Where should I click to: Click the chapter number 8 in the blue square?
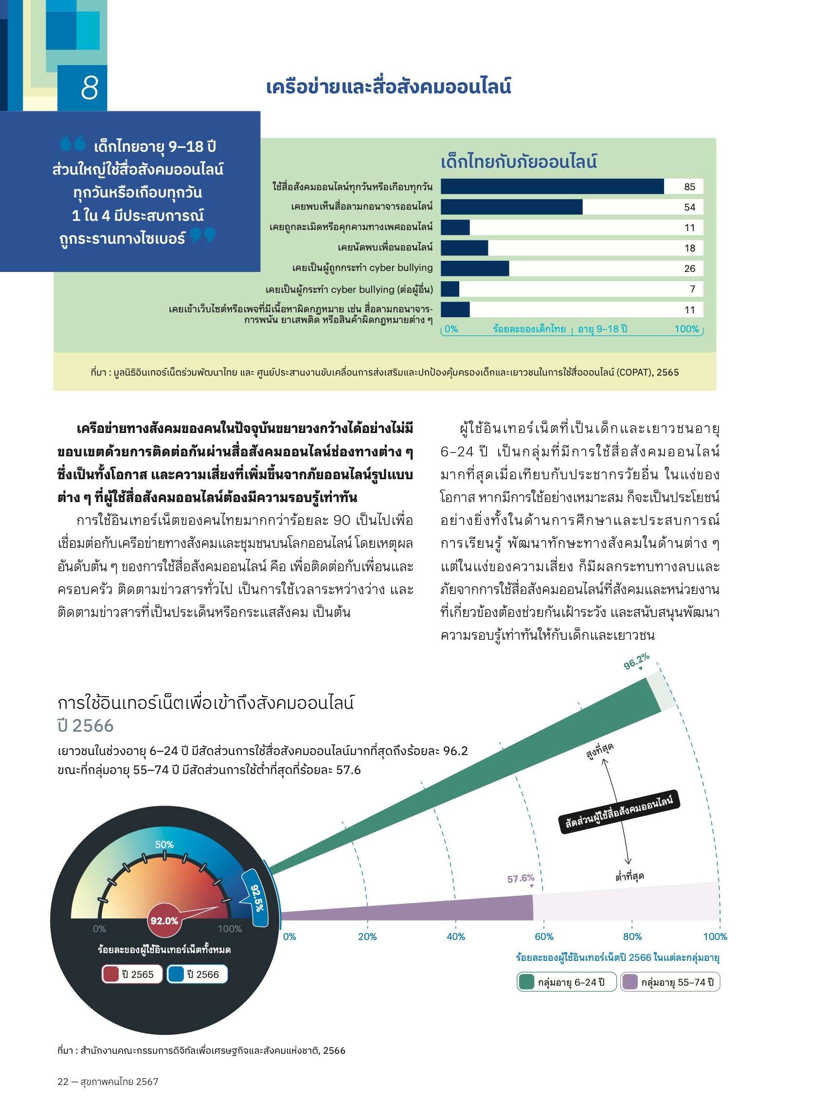coord(89,88)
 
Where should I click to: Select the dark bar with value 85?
coord(552,186)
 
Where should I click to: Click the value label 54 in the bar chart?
coord(689,207)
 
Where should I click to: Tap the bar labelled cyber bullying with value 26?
coord(475,269)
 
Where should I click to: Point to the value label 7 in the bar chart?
coord(692,289)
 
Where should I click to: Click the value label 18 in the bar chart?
coord(689,248)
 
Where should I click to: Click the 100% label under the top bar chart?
coord(686,329)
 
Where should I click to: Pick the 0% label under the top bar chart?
coord(451,329)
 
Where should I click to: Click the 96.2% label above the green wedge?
coord(636,661)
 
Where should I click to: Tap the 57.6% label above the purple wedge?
coord(520,879)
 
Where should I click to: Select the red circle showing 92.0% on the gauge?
coord(164,920)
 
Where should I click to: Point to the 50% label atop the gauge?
coord(164,845)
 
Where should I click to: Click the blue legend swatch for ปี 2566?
coord(176,975)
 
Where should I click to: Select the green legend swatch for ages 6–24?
coord(526,982)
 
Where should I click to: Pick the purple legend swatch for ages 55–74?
coord(630,982)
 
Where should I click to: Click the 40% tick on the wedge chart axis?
coord(455,937)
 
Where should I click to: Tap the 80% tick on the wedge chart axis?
coord(632,937)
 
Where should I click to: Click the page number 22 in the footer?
coord(63,1082)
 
